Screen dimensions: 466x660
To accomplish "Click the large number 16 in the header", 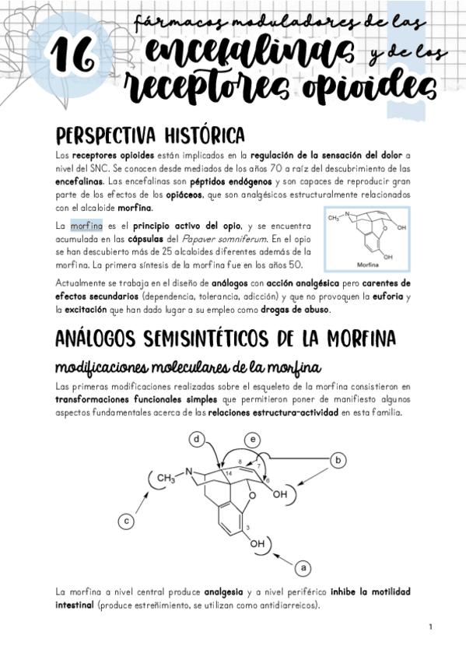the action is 72,56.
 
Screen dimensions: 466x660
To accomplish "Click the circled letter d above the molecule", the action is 198,441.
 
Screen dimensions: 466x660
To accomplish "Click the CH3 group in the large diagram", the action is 166,476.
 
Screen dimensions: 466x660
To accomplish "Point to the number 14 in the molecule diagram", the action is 228,474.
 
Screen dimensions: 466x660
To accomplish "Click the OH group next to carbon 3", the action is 258,545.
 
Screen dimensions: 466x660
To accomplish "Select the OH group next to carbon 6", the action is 284,494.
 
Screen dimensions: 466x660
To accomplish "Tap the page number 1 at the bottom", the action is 429,627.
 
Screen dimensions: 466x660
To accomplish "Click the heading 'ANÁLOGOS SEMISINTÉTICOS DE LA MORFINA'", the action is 226,340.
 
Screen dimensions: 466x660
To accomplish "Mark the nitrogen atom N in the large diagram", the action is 187,470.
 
